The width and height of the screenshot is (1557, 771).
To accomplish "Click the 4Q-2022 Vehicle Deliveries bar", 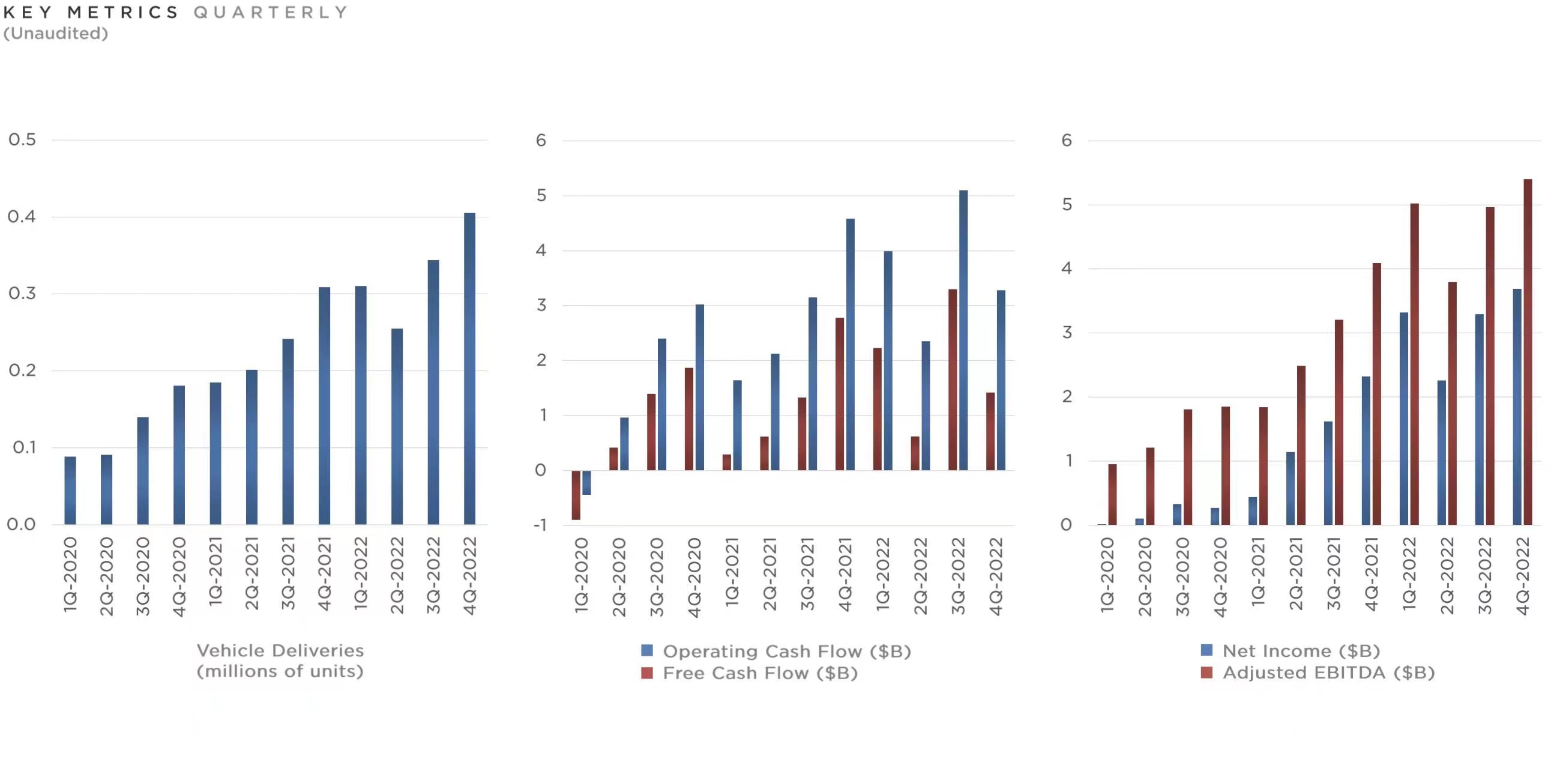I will tap(469, 369).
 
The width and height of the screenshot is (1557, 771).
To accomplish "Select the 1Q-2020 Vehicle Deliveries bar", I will tap(70, 491).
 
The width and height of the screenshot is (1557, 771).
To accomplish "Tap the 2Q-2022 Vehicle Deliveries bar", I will tap(397, 426).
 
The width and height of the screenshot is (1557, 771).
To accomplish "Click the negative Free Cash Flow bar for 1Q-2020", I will tap(576, 495).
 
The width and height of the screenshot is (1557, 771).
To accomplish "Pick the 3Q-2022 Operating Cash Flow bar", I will tap(963, 330).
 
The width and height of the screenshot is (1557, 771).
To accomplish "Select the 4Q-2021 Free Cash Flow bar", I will tap(840, 394).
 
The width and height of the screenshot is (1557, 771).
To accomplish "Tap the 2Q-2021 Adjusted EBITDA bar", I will tap(1301, 445).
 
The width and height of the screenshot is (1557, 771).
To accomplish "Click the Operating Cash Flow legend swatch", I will tap(646, 651).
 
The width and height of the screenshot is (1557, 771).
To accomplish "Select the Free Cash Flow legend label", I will tap(760, 673).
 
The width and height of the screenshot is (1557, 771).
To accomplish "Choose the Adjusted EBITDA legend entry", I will tap(1328, 673).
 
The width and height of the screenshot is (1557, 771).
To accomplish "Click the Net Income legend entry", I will tap(1301, 651).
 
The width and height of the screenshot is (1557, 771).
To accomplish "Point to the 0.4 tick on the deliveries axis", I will tap(22, 217).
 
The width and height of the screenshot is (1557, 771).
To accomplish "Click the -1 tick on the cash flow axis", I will tap(540, 525).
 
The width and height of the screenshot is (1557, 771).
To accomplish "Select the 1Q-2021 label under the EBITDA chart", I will tap(1258, 575).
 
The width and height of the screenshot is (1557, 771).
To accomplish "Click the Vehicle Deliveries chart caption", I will tap(280, 661).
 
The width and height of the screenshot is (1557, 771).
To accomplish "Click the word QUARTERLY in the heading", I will tap(271, 12).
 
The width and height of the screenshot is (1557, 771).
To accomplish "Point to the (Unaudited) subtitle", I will tap(56, 33).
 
